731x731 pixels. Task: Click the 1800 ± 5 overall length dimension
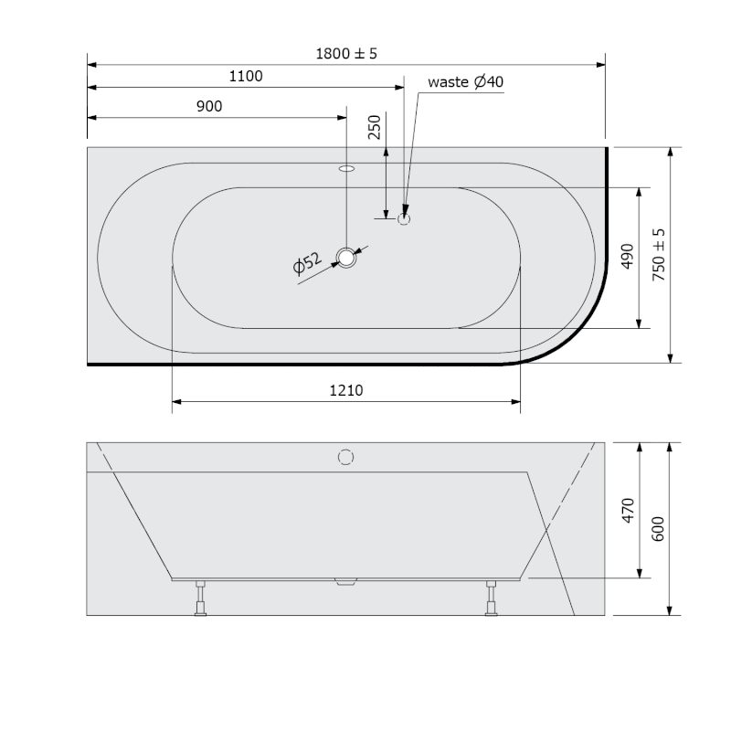(345, 54)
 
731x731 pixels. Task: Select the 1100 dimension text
(245, 77)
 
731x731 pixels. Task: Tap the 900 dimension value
(209, 106)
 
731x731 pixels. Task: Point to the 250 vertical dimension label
(374, 127)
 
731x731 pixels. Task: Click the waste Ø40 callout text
(466, 82)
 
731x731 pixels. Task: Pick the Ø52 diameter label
(308, 266)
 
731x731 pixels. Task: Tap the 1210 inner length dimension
(346, 390)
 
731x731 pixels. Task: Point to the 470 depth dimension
(627, 511)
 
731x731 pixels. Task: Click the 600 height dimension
(659, 528)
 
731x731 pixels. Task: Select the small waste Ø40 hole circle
(405, 218)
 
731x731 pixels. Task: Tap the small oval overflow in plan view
(346, 168)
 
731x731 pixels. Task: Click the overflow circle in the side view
(346, 456)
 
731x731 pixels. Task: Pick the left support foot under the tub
(200, 599)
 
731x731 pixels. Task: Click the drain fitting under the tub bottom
(345, 583)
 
